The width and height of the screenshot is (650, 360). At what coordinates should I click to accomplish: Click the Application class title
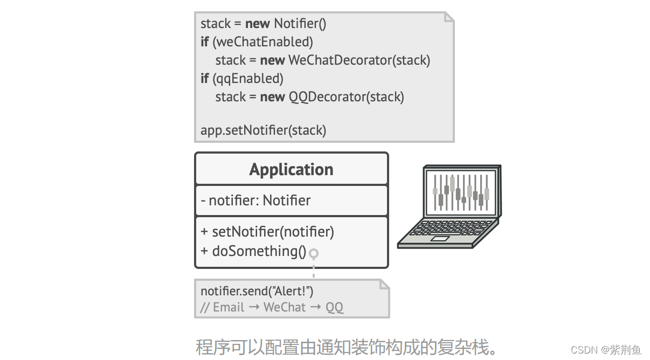click(291, 169)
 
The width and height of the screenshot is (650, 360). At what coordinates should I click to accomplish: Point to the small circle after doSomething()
click(314, 253)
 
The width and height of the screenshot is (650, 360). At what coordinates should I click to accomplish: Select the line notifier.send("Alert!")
click(257, 291)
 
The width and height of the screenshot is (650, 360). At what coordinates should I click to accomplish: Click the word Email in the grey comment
click(229, 307)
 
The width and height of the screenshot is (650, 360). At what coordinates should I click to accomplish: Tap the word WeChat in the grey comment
click(285, 307)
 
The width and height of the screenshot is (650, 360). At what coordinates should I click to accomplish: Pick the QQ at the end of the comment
click(334, 307)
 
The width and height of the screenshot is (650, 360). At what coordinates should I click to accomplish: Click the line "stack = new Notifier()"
click(263, 24)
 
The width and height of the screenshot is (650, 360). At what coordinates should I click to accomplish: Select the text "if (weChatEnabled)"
click(257, 41)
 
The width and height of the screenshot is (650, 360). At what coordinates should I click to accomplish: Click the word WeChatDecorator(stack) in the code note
click(359, 60)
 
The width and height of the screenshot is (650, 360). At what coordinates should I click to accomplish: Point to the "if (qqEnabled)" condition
click(242, 78)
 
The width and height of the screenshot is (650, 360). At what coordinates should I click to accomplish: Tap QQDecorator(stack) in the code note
click(346, 96)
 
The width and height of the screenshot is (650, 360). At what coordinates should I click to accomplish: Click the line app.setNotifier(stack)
click(263, 130)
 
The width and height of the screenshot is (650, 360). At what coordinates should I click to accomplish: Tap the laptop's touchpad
click(439, 238)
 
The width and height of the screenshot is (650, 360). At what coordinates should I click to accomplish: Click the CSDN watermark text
click(606, 350)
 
